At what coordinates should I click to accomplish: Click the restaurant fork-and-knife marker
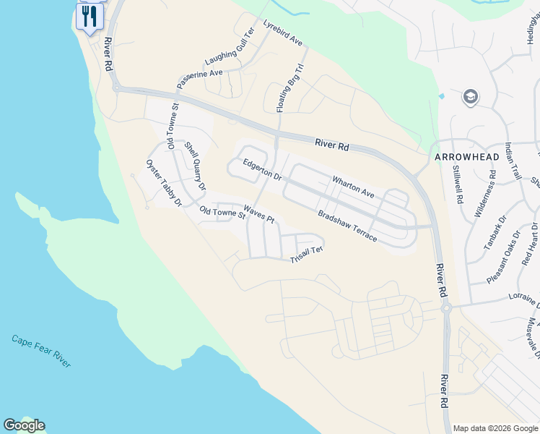coord(89,15)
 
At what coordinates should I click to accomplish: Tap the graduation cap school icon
coord(471,97)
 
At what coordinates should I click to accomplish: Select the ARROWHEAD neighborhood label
coord(467,156)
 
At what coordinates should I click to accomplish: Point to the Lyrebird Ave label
coord(283,33)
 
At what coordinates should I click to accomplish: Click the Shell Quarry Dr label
coord(195,166)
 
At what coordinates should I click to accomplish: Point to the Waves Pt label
coord(259,213)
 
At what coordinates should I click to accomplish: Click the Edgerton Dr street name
coord(261,170)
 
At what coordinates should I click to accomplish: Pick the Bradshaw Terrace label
coord(347,226)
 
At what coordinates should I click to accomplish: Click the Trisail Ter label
coord(306,255)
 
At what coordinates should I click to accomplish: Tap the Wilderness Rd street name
coord(484,195)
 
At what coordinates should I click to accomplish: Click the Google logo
coord(25,425)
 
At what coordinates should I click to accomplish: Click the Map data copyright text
coord(495,428)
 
